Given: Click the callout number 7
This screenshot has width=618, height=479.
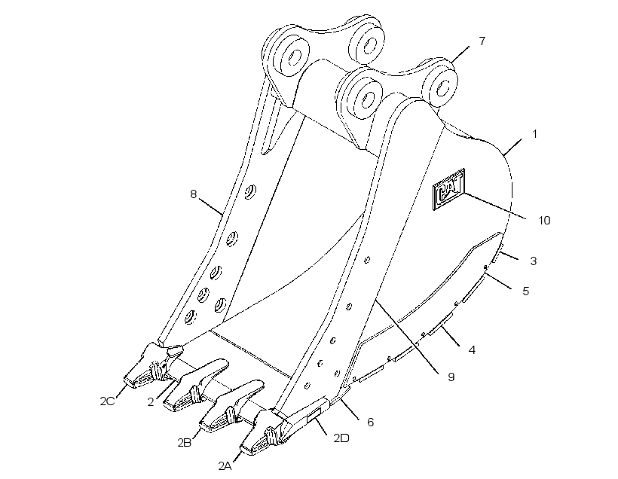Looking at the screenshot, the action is [482, 41].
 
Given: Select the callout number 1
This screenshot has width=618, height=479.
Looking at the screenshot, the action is [534, 134].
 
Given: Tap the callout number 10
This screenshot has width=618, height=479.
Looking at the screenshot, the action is [544, 220].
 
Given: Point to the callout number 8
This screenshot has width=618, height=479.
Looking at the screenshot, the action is [193, 194].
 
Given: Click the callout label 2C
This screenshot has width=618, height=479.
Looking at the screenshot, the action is [107, 401].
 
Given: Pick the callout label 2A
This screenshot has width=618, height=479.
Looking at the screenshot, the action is [225, 466].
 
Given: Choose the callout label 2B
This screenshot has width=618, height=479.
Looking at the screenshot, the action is [185, 442].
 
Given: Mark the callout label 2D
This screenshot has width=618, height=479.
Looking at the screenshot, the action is [341, 438].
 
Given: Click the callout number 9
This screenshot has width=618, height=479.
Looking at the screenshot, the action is [451, 377].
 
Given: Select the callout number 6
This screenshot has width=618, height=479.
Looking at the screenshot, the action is [370, 422].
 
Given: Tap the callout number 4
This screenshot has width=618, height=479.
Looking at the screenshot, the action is [472, 349].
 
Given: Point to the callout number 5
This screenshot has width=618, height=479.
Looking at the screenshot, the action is [526, 291].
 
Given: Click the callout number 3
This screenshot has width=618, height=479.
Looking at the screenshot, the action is [534, 261].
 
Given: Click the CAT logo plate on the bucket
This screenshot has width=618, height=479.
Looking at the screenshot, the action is [449, 189].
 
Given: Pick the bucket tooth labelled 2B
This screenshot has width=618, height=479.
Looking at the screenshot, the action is [231, 406].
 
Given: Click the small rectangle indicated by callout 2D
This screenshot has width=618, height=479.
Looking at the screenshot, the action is [314, 416].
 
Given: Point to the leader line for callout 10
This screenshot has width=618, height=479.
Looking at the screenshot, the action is [494, 206].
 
